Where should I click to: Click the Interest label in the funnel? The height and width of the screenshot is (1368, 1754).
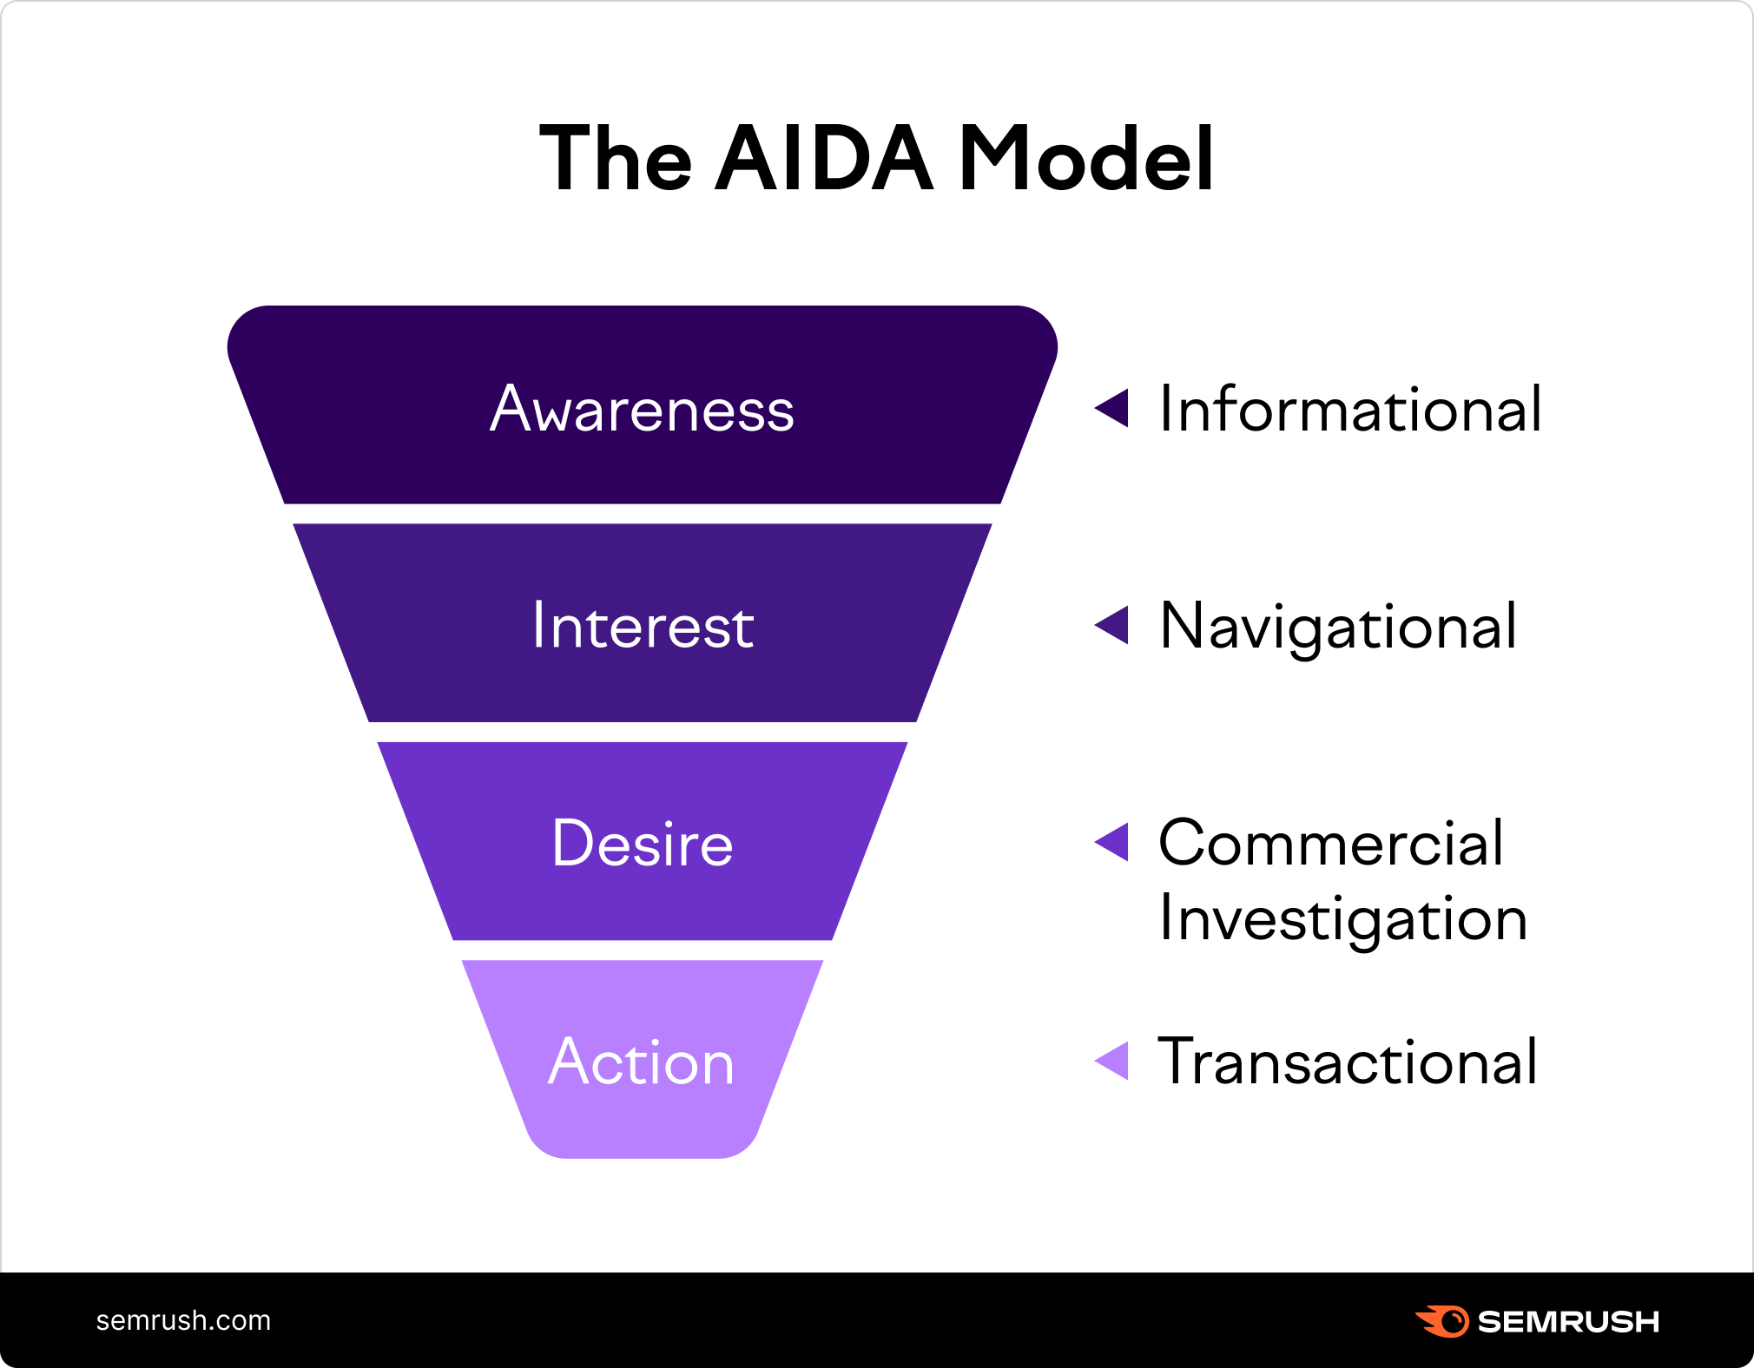pyautogui.click(x=643, y=625)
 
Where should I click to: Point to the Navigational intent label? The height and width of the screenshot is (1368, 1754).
pyautogui.click(x=1339, y=627)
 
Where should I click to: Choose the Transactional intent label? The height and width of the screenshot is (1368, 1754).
pyautogui.click(x=1348, y=1061)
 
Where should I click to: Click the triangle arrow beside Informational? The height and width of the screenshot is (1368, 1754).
pyautogui.click(x=1112, y=408)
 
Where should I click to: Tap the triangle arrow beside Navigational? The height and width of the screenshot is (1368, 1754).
pyautogui.click(x=1112, y=625)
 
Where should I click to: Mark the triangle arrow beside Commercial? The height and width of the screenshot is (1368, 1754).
pyautogui.click(x=1112, y=842)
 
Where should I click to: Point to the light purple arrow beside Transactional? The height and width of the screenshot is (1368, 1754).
pyautogui.click(x=1112, y=1061)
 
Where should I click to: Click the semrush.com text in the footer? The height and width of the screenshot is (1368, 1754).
pyautogui.click(x=183, y=1320)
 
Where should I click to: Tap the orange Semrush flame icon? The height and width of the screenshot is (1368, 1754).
pyautogui.click(x=1442, y=1321)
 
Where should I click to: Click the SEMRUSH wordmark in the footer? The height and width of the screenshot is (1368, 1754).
pyautogui.click(x=1568, y=1321)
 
